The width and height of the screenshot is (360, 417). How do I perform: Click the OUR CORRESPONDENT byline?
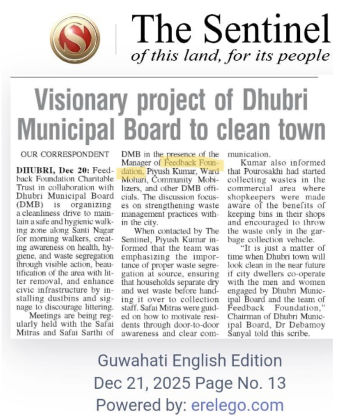65,154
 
